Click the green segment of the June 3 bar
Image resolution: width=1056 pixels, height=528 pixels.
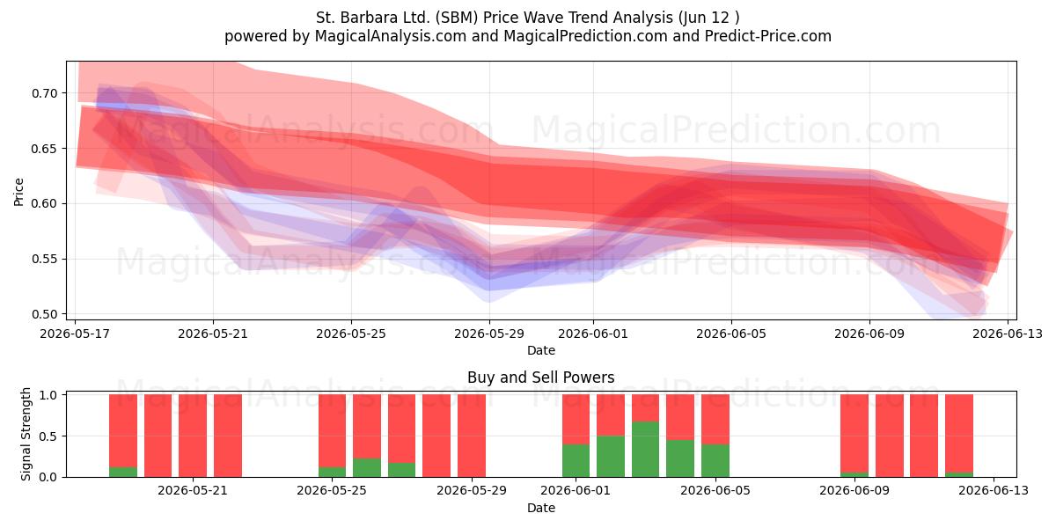(645, 450)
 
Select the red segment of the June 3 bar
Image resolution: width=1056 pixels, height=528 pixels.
(645, 407)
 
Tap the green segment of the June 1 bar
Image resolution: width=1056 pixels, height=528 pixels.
(576, 460)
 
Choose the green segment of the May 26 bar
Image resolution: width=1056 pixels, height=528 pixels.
(367, 467)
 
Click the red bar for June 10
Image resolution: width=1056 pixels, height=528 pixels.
(890, 436)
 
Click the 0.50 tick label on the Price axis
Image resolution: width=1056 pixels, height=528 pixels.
(45, 314)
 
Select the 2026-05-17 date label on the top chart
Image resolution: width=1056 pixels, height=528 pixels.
(75, 334)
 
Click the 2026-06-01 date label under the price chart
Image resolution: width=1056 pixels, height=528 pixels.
(593, 334)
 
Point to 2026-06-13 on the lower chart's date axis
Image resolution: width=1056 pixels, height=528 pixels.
(994, 490)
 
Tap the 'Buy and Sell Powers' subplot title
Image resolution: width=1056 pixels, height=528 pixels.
(540, 378)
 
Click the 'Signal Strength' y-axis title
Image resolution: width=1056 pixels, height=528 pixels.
(26, 434)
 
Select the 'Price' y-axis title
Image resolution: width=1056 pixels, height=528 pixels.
(18, 192)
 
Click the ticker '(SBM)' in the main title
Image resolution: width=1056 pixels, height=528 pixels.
(457, 18)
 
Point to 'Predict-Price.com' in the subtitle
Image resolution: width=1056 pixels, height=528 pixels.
(768, 36)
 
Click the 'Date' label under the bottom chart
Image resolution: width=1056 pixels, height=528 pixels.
(540, 508)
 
